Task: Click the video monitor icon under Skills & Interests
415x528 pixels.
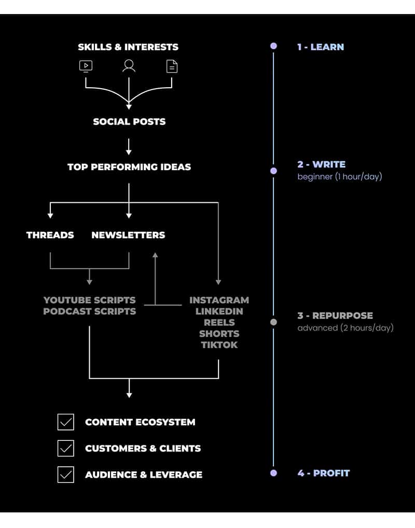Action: (86, 66)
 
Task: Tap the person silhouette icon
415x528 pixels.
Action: (129, 66)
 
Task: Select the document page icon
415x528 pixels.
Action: (172, 66)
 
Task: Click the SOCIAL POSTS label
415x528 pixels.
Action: (129, 121)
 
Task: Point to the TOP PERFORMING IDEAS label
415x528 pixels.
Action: (129, 167)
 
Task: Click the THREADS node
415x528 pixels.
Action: (50, 235)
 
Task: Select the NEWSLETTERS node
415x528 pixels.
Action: (128, 235)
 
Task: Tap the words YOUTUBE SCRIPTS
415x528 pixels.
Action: (89, 300)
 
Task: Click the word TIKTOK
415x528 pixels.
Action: (219, 345)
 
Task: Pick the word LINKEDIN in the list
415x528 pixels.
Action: (219, 311)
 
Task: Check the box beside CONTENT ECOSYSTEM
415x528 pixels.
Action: (66, 422)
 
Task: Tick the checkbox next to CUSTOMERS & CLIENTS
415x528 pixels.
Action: (66, 448)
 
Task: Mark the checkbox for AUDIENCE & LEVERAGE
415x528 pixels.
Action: (66, 475)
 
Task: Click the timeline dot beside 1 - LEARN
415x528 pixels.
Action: (273, 46)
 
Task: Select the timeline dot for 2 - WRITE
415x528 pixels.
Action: (273, 171)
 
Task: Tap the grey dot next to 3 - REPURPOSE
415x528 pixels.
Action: (273, 322)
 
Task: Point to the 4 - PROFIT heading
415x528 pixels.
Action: (324, 473)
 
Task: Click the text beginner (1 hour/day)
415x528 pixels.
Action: (340, 176)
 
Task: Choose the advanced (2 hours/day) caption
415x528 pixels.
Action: (345, 328)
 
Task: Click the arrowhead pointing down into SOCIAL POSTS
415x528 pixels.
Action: (129, 107)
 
